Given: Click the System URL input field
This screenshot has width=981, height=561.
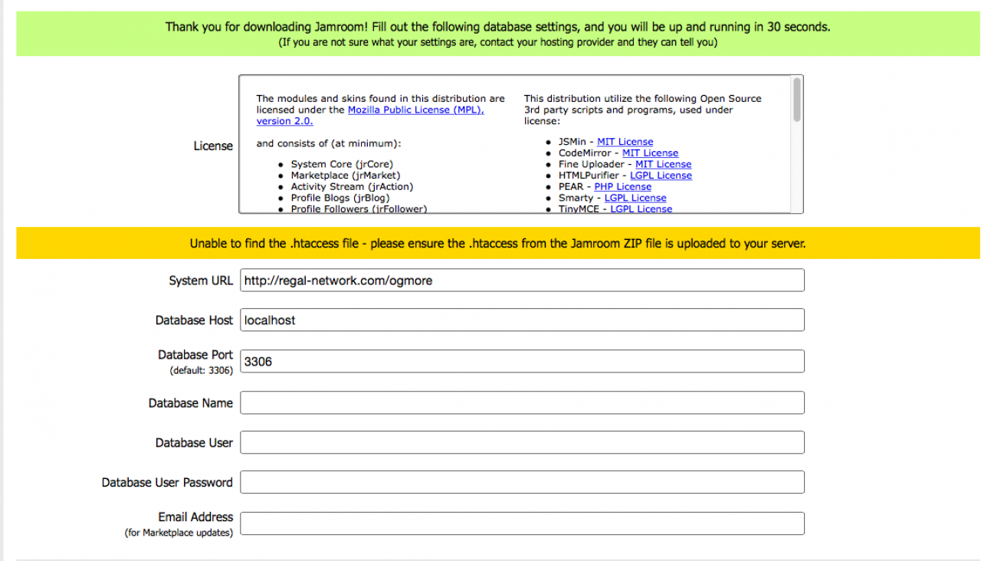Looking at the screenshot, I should (522, 280).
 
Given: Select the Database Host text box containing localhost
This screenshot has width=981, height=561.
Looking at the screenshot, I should (522, 320).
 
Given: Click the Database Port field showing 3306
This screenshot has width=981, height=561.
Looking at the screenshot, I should (522, 362).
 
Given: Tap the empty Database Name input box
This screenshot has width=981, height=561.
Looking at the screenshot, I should (522, 403).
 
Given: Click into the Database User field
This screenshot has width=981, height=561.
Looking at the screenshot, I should (522, 443).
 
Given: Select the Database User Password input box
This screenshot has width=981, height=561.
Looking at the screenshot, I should (522, 483).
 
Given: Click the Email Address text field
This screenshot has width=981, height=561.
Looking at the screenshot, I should (522, 523).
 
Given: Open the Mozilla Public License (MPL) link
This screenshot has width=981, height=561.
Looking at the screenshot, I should (415, 110).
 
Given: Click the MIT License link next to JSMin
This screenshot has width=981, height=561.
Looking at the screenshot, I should (625, 142).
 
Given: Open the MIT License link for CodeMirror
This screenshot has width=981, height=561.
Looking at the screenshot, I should (650, 153).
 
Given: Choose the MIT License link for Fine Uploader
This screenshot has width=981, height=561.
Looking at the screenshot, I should (663, 164).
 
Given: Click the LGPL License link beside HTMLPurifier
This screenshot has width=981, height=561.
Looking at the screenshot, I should (661, 176).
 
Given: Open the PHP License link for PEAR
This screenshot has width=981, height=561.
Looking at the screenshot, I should (622, 186).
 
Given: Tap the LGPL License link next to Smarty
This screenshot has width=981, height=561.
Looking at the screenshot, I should (635, 198).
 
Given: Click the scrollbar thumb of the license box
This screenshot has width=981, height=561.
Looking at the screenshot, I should (797, 100).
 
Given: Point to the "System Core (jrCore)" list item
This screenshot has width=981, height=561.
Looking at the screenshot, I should (342, 165).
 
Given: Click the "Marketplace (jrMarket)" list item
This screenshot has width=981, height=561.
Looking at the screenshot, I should (345, 176).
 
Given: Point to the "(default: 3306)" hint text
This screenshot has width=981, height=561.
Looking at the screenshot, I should (201, 371).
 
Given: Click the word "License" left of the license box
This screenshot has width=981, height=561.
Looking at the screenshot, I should (213, 146).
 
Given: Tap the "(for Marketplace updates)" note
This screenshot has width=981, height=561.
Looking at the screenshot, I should (179, 533).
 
